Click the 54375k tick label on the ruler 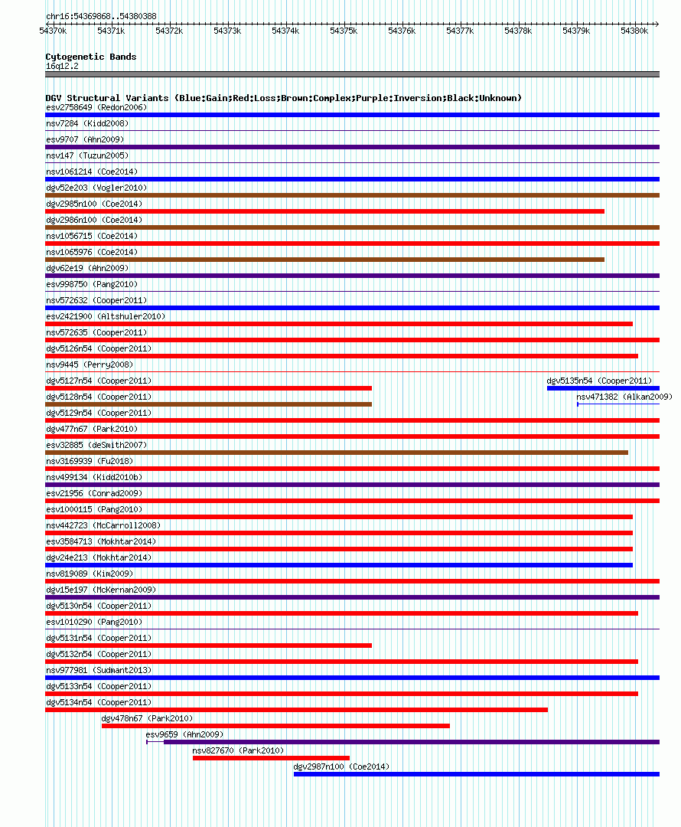[x=344, y=31]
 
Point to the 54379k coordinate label [x=576, y=31]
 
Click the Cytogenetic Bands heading [x=90, y=57]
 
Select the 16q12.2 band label [x=62, y=66]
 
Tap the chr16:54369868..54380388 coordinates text [x=101, y=16]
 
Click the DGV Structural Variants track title [x=283, y=98]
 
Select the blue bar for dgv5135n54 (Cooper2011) [x=603, y=388]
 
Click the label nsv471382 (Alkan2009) [x=624, y=397]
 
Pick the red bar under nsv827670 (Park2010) [x=271, y=758]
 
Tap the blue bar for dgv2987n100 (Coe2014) [x=476, y=774]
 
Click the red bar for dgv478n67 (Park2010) [x=275, y=726]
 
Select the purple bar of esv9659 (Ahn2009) [x=411, y=742]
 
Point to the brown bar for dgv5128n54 [x=208, y=404]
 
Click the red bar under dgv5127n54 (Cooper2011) [x=208, y=388]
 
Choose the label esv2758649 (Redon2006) [x=96, y=107]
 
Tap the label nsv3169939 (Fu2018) [x=89, y=461]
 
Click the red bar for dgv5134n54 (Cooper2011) [x=296, y=710]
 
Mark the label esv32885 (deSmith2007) [x=96, y=445]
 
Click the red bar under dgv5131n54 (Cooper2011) [x=208, y=646]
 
